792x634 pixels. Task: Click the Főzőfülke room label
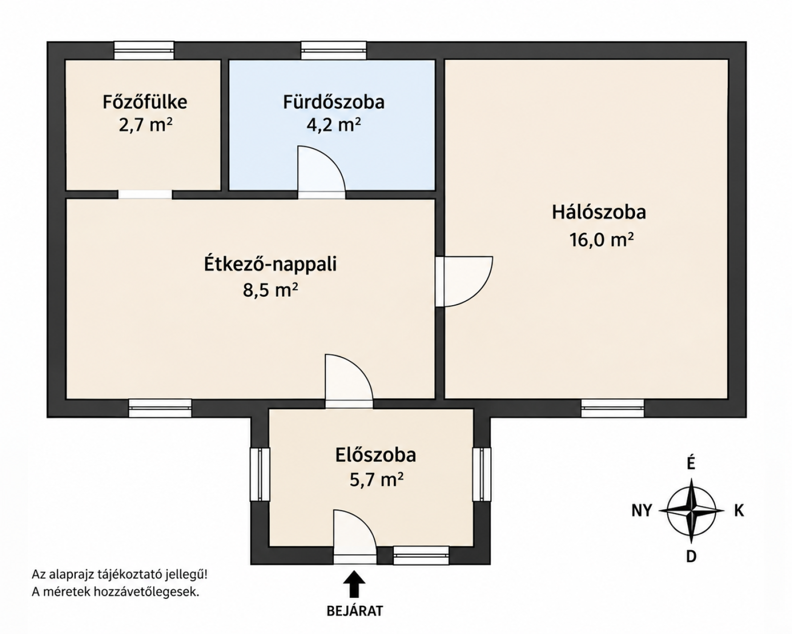(145, 102)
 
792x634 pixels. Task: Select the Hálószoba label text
(599, 212)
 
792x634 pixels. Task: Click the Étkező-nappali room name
(270, 264)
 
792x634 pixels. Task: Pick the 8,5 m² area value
(270, 290)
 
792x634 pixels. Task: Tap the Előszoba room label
(375, 455)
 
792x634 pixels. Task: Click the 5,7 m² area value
(376, 480)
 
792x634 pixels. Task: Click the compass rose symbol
(691, 511)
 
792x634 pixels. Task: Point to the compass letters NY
(642, 511)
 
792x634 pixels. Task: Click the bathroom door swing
(321, 168)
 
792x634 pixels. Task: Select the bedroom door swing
(469, 281)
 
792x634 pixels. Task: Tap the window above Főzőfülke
(144, 51)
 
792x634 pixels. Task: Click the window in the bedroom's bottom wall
(612, 408)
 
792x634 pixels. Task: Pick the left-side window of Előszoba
(260, 474)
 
